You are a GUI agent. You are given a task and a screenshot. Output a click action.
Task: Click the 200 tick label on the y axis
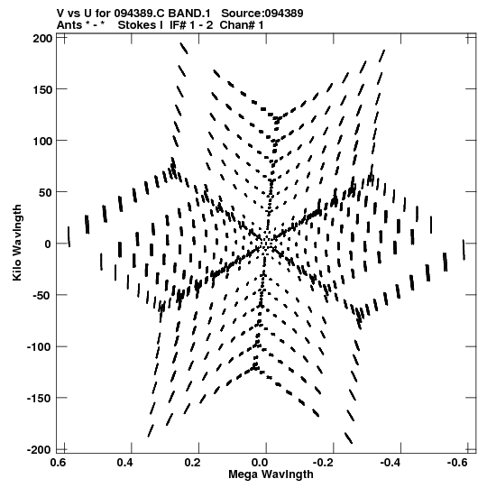pos(42,39)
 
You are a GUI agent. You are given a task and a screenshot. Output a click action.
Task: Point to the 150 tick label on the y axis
pos(42,90)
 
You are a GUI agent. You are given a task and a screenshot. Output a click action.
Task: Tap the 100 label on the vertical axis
pos(42,142)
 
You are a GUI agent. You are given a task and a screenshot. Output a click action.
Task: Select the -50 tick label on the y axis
pos(41,296)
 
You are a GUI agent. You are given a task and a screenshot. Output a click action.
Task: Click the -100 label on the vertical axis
pos(39,347)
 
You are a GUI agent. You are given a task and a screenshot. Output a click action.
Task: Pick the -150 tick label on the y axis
pos(39,399)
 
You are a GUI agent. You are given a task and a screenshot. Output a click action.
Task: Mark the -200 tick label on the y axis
pos(39,450)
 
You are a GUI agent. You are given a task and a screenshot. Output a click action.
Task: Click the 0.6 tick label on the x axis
pos(58,463)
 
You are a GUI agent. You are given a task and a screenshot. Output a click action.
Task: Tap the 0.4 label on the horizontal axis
pos(124,463)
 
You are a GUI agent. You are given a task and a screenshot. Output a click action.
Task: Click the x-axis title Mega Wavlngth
pos(271,474)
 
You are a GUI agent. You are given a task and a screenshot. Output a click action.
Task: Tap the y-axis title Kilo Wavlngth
pos(17,243)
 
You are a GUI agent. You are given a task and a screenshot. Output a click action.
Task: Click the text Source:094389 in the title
pos(262,14)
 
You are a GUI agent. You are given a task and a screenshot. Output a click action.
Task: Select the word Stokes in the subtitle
pos(140,25)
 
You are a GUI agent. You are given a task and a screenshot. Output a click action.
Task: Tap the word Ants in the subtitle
pos(69,25)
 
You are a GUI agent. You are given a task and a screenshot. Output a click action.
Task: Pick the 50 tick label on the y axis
pos(45,193)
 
